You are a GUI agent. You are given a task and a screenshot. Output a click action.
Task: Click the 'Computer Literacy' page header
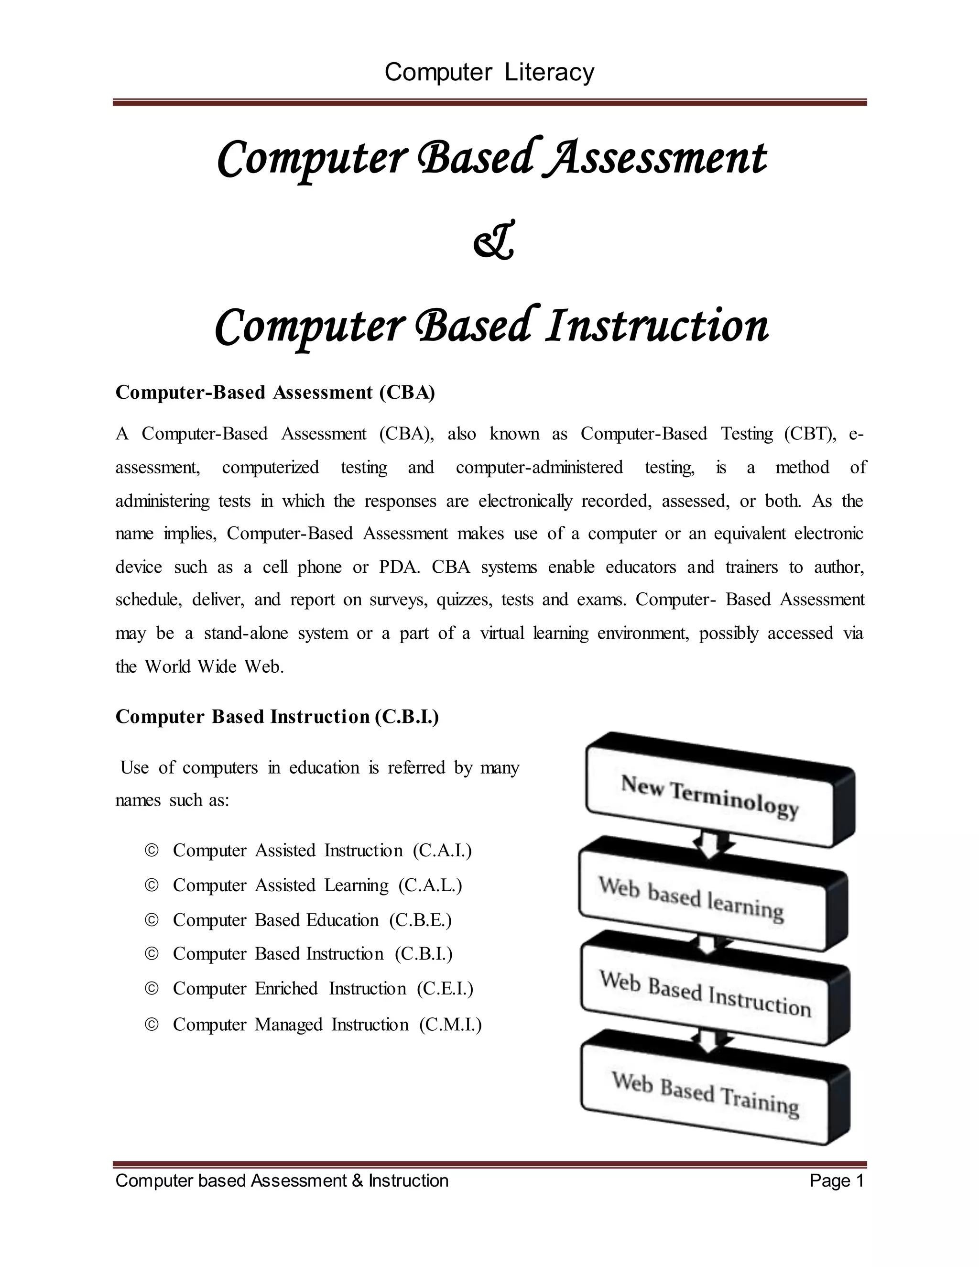click(489, 73)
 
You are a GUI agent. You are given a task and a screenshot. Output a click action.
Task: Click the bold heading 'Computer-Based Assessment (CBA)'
click(275, 393)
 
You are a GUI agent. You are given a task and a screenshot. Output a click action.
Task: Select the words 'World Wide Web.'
click(214, 666)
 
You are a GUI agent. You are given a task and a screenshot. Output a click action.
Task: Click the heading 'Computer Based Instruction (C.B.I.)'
click(277, 717)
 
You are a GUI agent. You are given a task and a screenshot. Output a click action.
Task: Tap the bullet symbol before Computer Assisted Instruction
click(152, 851)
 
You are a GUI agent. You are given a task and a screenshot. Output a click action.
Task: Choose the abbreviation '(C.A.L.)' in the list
click(430, 885)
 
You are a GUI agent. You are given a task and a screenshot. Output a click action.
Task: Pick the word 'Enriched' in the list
click(286, 989)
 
